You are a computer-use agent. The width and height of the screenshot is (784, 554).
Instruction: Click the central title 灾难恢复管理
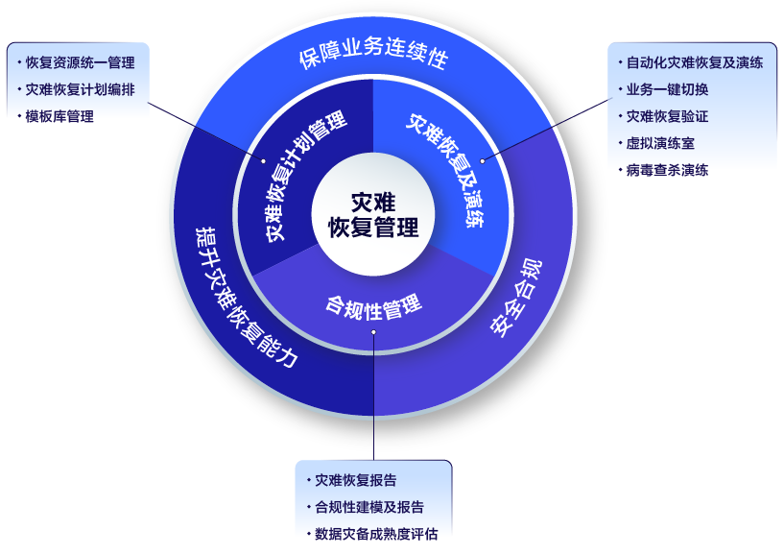pyautogui.click(x=372, y=215)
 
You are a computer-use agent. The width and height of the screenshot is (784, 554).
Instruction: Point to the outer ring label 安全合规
pyautogui.click(x=516, y=297)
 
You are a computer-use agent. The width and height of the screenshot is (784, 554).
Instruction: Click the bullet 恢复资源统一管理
pyautogui.click(x=80, y=63)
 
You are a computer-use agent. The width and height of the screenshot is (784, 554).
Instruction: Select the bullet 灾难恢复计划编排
pyautogui.click(x=80, y=90)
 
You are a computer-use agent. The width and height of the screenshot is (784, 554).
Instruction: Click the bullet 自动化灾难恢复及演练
pyautogui.click(x=694, y=63)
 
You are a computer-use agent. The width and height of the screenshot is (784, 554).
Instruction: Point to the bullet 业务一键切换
pyautogui.click(x=667, y=90)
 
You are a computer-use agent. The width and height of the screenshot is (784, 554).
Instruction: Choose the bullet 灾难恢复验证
pyautogui.click(x=667, y=117)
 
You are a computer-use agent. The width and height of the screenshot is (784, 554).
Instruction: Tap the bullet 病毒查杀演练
pyautogui.click(x=667, y=171)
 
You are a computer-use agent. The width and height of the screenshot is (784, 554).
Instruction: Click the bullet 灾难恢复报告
pyautogui.click(x=355, y=480)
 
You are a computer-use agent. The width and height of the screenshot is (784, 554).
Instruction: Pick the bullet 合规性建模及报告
pyautogui.click(x=368, y=507)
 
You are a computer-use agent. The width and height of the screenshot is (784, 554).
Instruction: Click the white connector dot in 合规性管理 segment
pyautogui.click(x=374, y=332)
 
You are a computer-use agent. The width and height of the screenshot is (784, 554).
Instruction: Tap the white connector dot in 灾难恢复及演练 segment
pyautogui.click(x=482, y=160)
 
